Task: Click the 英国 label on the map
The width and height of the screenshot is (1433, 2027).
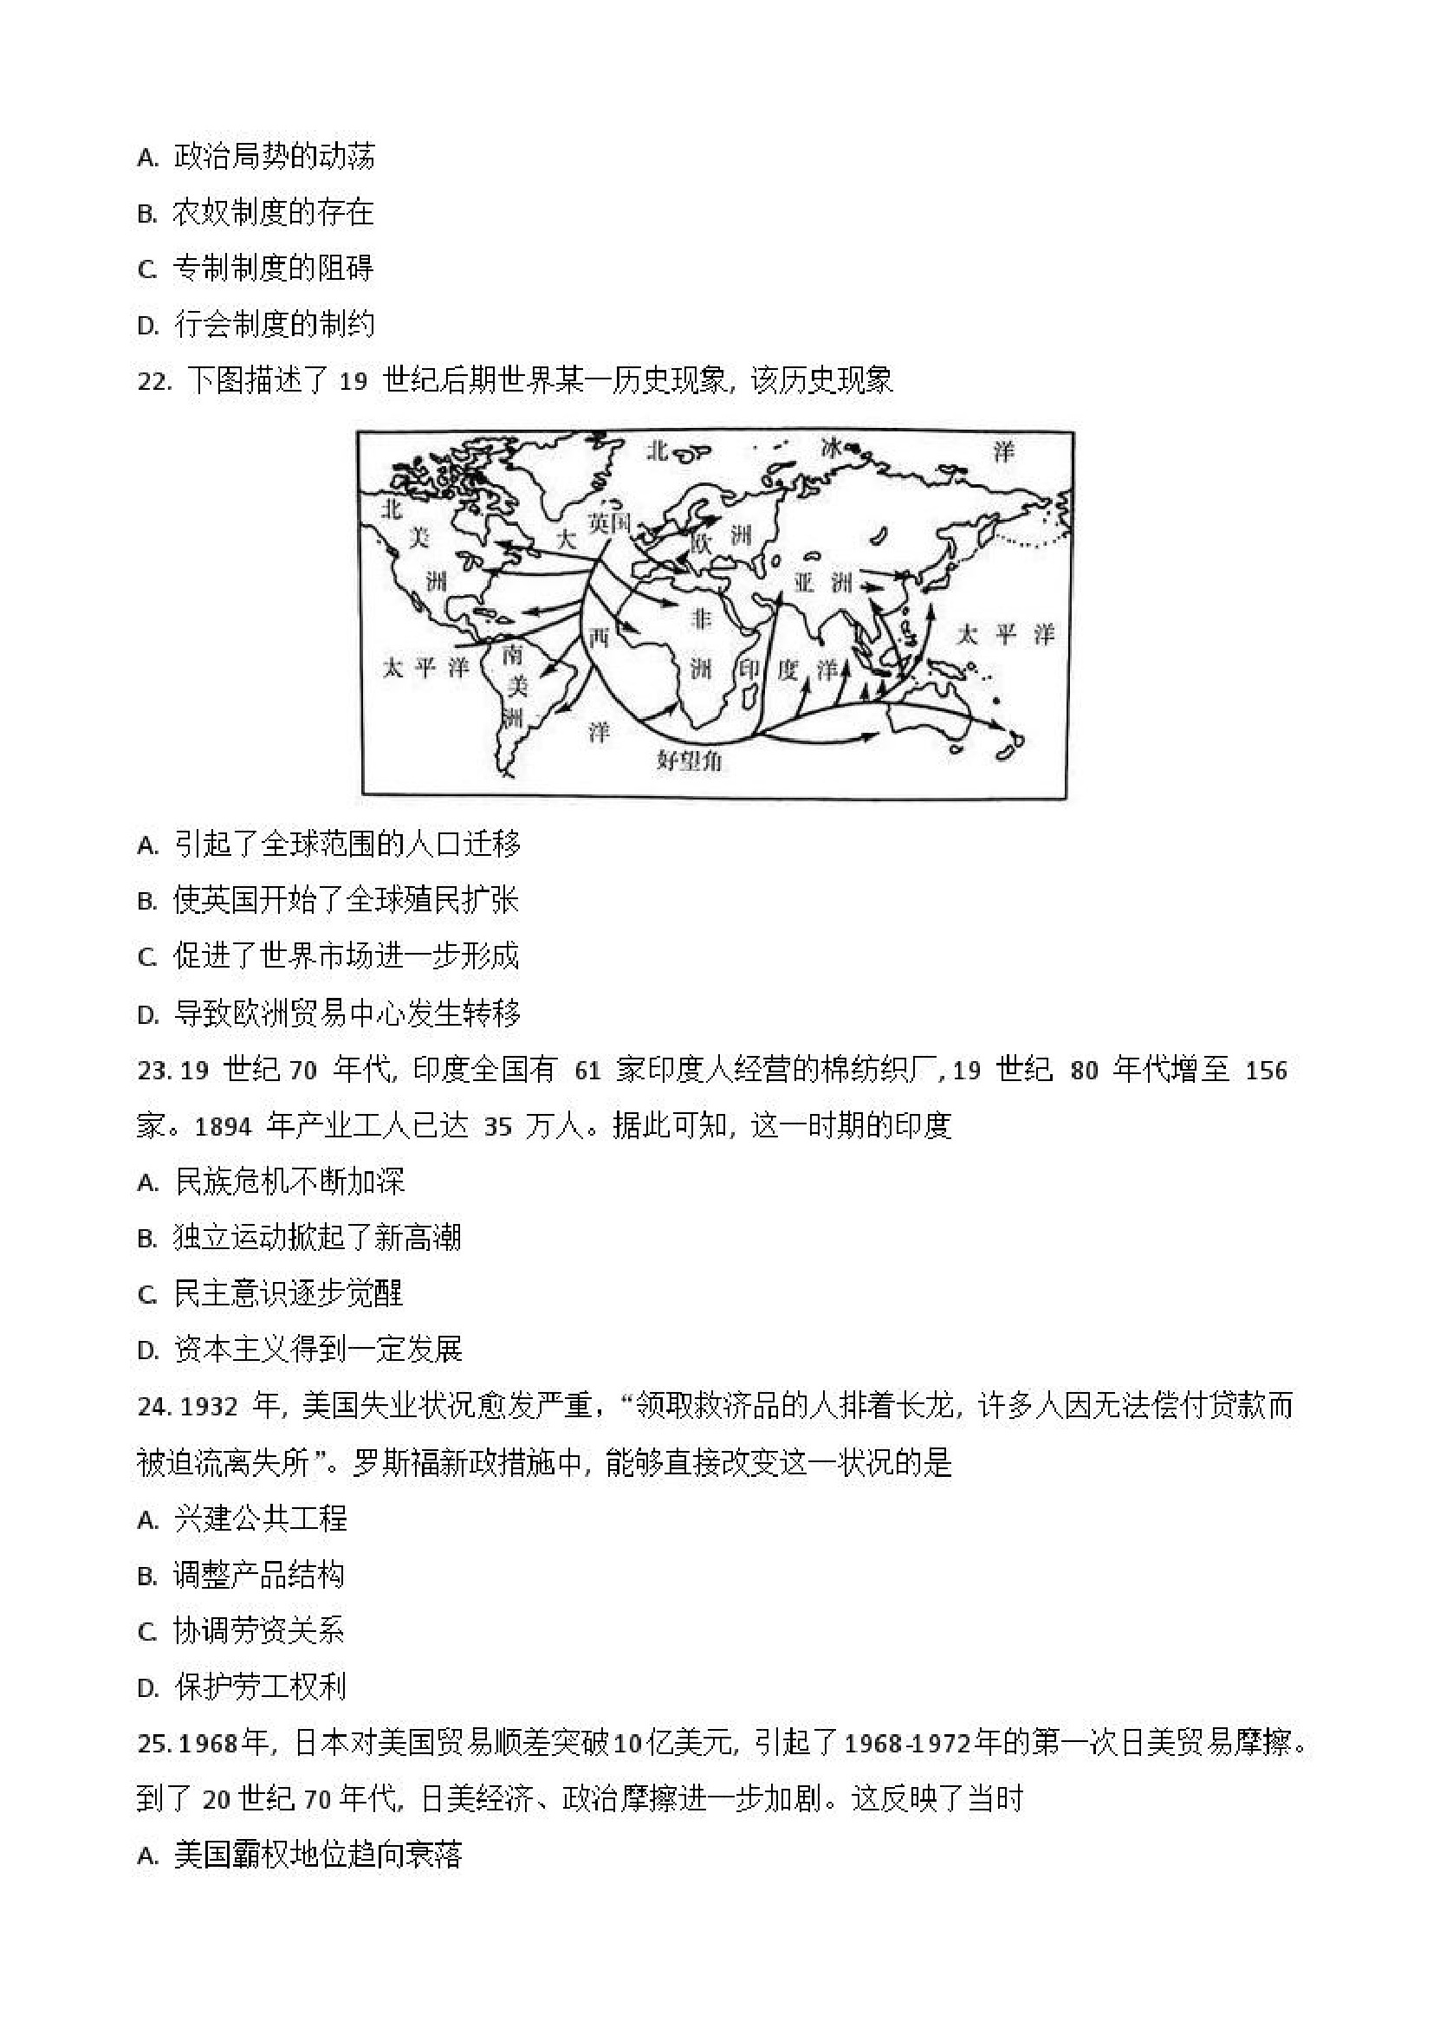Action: tap(609, 523)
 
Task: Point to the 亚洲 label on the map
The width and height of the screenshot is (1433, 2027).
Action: tap(823, 583)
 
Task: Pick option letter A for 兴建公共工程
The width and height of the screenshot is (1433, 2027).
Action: tap(146, 1520)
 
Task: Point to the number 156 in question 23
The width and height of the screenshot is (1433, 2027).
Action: tap(1266, 1072)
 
